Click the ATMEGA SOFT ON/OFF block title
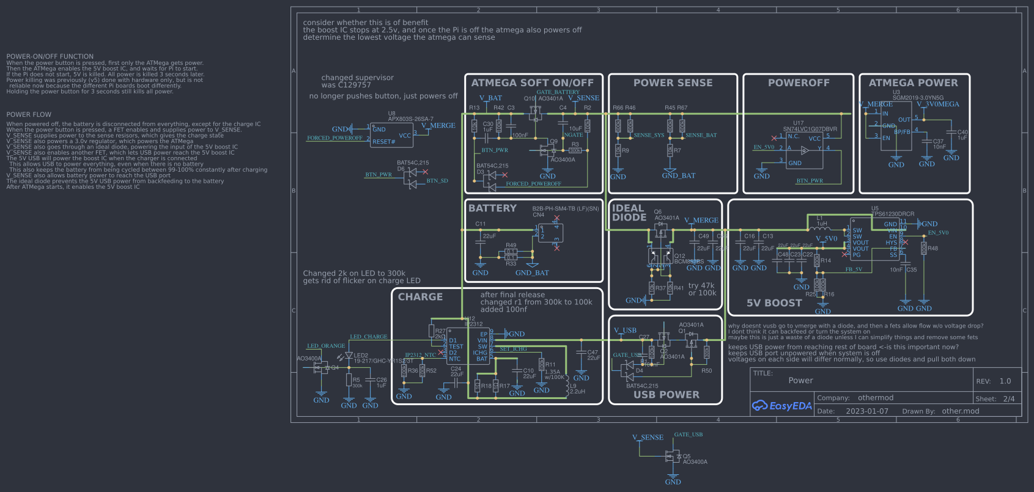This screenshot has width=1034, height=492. click(532, 83)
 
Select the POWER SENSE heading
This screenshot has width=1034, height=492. click(673, 83)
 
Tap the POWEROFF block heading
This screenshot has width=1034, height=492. click(799, 83)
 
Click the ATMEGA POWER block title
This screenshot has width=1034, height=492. click(913, 83)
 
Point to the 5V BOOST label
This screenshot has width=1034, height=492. click(774, 303)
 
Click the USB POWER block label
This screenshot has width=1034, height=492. click(666, 395)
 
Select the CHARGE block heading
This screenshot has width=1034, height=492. click(420, 297)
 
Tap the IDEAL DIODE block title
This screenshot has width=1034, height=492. click(629, 213)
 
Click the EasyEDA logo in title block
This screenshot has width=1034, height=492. click(781, 406)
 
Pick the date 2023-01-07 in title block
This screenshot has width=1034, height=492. click(866, 411)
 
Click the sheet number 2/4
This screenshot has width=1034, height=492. click(1008, 399)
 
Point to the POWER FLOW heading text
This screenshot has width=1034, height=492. click(29, 115)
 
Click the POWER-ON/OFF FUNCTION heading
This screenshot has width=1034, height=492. click(50, 56)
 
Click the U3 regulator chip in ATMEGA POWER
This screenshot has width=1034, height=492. click(896, 127)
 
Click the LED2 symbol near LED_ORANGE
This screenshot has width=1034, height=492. click(349, 355)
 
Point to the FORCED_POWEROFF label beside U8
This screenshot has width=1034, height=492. click(334, 138)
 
